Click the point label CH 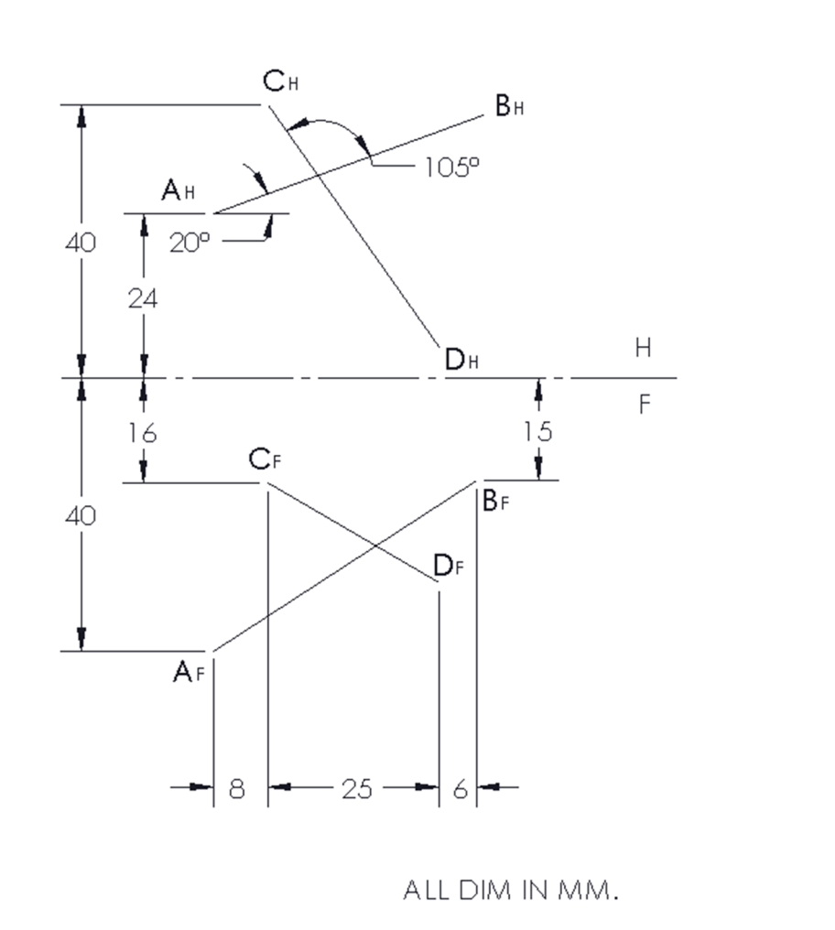coord(281,82)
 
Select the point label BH coord(510,107)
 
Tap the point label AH coord(179,190)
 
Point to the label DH coord(463,361)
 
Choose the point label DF coord(449,568)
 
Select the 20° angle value coord(190,242)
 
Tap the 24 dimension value coord(143,298)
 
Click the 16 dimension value coord(143,433)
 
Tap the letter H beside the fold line coord(643,349)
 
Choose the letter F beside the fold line coord(644,405)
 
